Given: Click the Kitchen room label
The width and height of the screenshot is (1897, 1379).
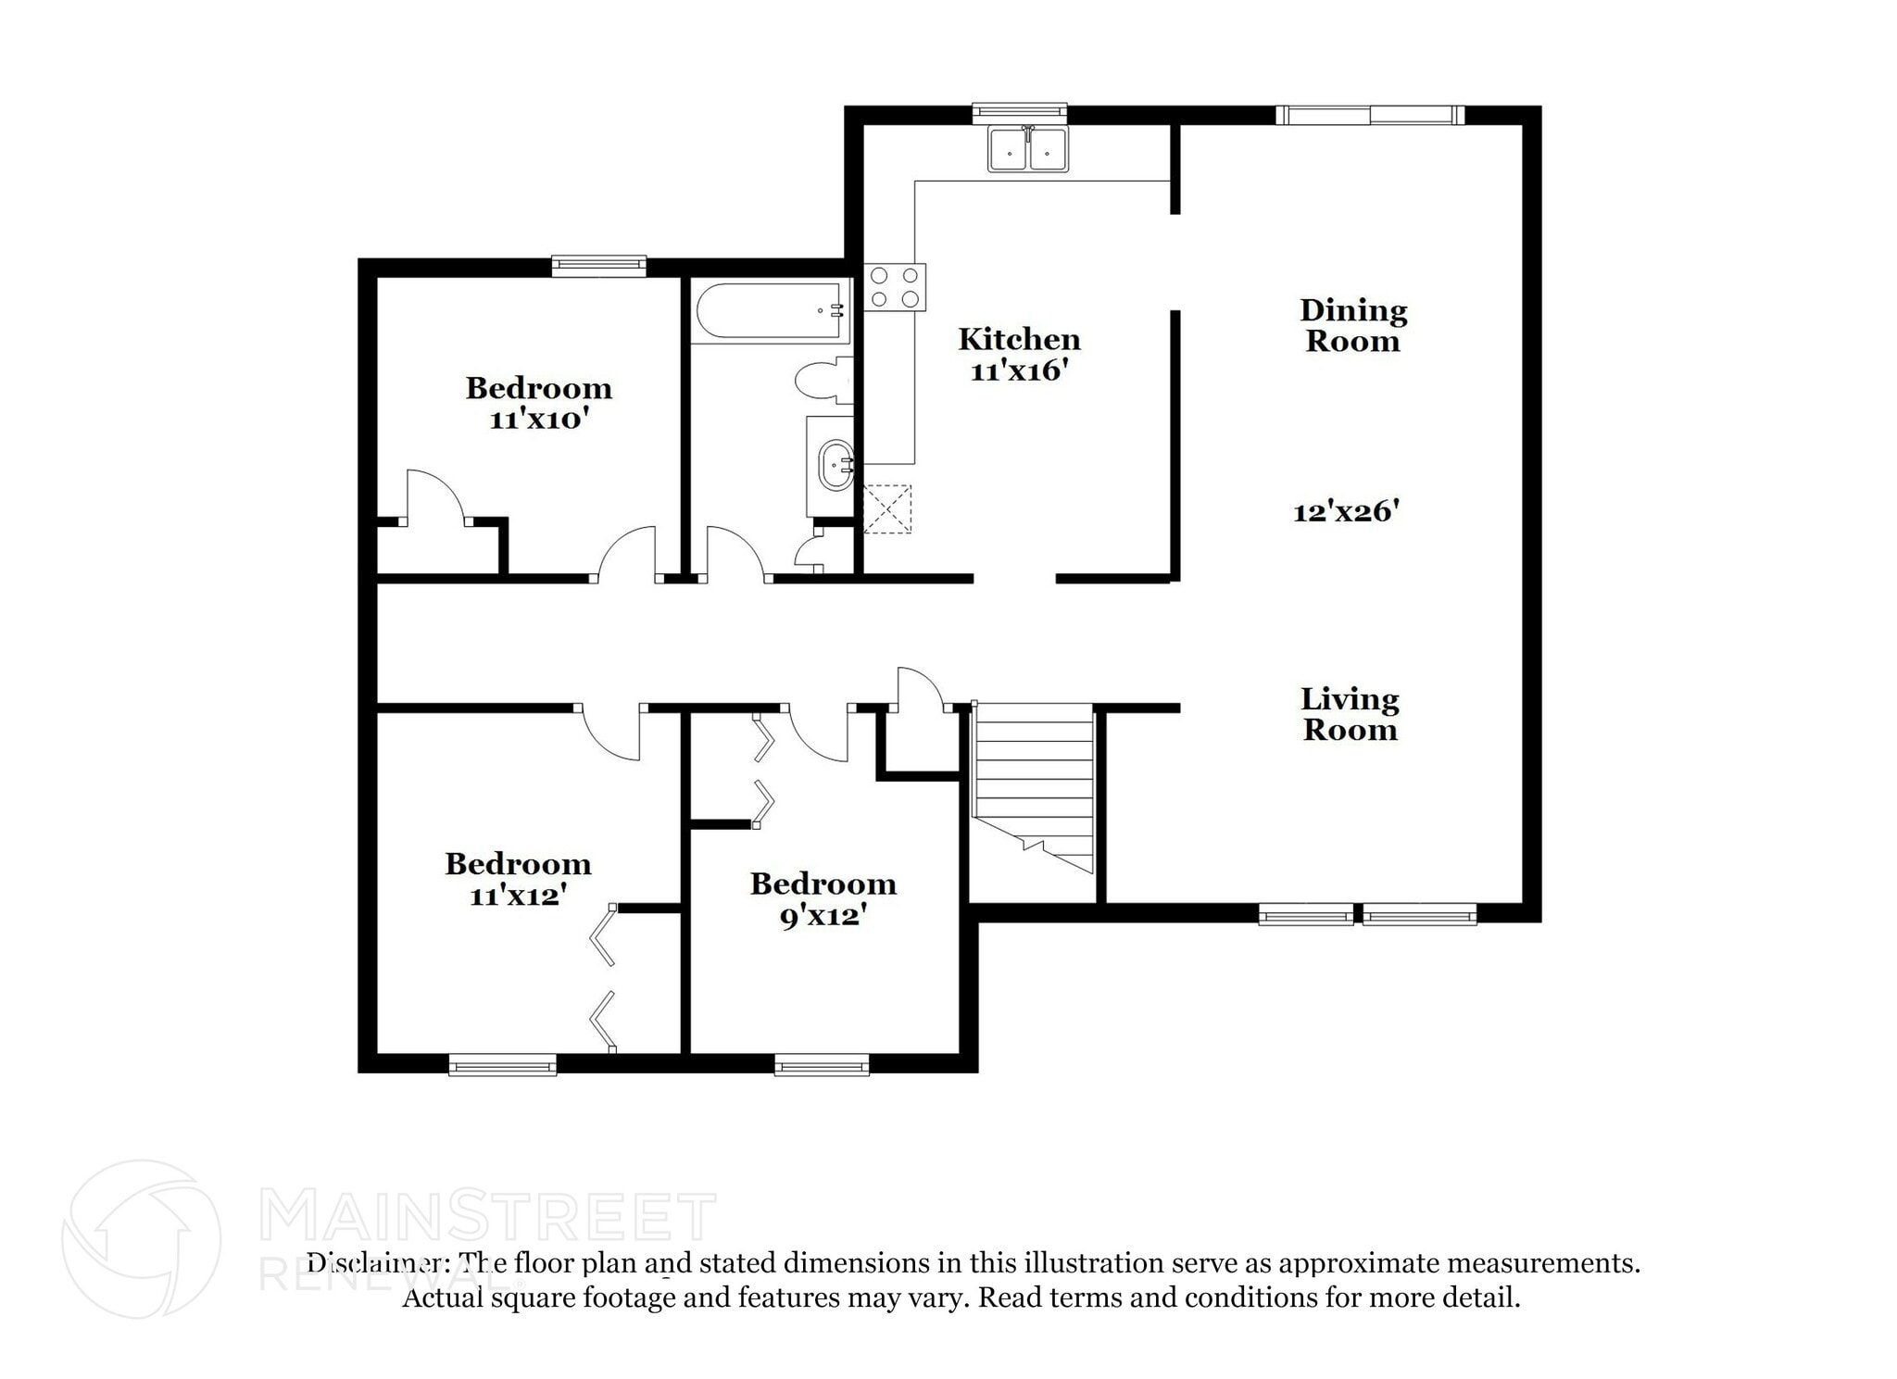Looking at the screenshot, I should click(1019, 339).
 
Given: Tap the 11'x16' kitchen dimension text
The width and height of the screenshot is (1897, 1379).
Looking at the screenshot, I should click(1019, 371).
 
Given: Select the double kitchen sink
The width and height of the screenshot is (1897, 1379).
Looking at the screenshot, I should click(1027, 149).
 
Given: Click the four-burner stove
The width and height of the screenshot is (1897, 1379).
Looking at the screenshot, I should click(895, 286).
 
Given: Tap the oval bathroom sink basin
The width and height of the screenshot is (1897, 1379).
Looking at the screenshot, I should click(837, 465).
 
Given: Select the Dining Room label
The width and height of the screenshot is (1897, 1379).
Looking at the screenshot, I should click(1352, 325).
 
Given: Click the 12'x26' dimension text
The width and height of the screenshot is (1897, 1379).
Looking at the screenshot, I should click(1345, 511).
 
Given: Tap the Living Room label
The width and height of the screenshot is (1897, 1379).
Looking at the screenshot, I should click(1350, 714).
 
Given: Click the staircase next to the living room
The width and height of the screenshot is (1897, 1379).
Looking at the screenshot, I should click(1033, 787).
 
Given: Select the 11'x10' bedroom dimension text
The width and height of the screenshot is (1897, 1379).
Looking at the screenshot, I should click(539, 420).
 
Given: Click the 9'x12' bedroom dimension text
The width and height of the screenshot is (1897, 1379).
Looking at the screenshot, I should click(823, 916).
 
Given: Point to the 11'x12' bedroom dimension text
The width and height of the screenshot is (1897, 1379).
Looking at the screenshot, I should click(518, 896).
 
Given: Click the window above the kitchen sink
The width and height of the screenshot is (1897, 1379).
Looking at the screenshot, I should click(1019, 113).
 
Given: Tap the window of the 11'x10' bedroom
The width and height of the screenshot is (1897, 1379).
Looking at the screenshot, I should click(598, 266).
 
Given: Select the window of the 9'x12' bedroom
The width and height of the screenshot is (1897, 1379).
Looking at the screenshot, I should click(822, 1065).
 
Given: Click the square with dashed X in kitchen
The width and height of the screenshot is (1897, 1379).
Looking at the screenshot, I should click(887, 508).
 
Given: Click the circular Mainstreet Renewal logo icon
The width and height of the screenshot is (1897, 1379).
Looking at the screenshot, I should click(142, 1238).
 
